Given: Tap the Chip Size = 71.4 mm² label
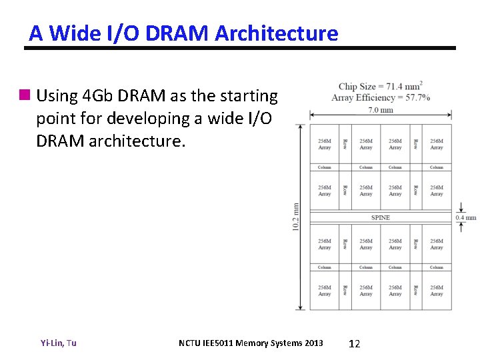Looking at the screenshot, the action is click(x=380, y=87).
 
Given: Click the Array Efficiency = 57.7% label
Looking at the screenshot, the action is click(x=380, y=97).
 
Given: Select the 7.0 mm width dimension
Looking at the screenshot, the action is click(x=381, y=110).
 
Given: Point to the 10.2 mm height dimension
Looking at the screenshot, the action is click(x=296, y=217).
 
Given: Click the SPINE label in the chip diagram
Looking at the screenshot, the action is click(x=381, y=217).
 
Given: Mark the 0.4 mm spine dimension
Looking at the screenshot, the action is click(x=466, y=217).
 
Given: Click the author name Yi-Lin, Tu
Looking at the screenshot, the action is click(x=59, y=343).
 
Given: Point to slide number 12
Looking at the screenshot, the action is click(x=355, y=343).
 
